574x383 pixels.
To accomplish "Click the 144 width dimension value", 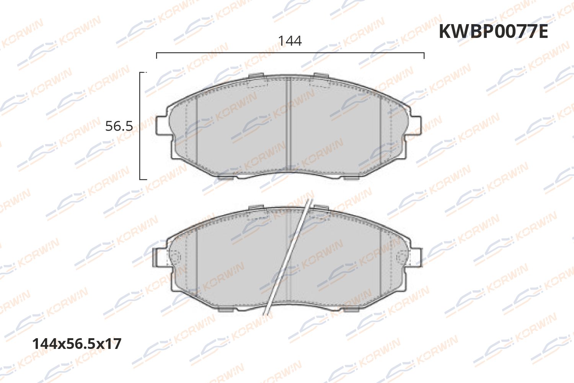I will pos(290,41).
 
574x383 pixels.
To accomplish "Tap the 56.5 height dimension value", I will pos(119,126).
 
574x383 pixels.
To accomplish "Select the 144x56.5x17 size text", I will pos(77,344).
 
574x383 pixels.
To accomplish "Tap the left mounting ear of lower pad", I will pos(159,257).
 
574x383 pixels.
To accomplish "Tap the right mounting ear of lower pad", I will pos(417,257).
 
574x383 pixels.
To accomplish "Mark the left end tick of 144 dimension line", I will pos(157,56).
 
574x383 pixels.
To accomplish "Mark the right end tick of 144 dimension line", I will pos(424,56).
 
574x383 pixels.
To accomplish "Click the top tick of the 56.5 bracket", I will pos(143,72).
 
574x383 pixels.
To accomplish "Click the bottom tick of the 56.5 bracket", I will pos(143,178).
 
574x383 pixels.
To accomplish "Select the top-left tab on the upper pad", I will pos(256,75).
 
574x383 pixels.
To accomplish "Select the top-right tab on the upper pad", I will pos(321,75).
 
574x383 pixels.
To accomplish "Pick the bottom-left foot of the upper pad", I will pos(227,177).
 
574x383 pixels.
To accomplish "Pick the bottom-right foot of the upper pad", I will pos(351,177).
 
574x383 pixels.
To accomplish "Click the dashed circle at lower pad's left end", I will pos(175,257).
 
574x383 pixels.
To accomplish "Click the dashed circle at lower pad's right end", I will pos(402,257).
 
